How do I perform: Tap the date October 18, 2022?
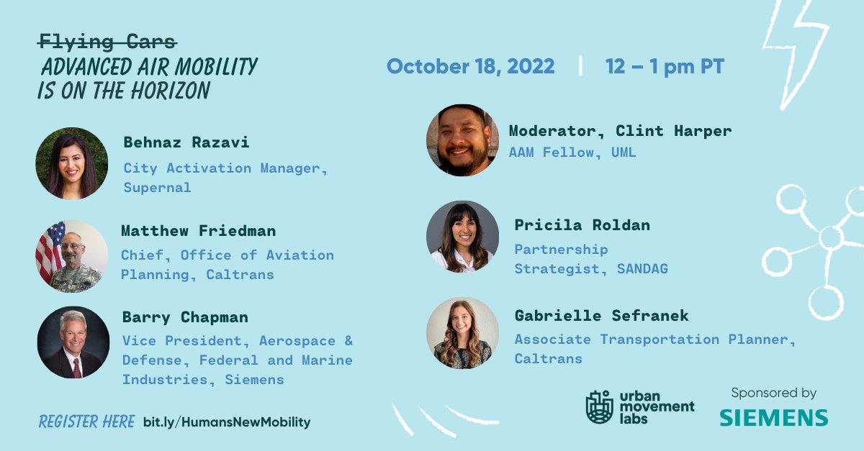470,67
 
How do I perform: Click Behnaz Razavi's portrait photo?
72,164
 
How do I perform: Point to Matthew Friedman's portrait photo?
72,256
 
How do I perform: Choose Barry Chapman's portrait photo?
73,343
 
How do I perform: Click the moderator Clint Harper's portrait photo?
462,140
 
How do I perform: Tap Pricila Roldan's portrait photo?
462,237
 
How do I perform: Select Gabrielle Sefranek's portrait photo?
462,333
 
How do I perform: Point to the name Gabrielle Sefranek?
601,316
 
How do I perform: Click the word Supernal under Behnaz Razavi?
158,188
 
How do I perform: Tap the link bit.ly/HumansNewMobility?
227,422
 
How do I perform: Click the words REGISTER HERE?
86,422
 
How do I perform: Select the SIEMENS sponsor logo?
773,417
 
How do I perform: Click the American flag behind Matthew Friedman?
49,249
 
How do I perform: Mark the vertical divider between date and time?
580,67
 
